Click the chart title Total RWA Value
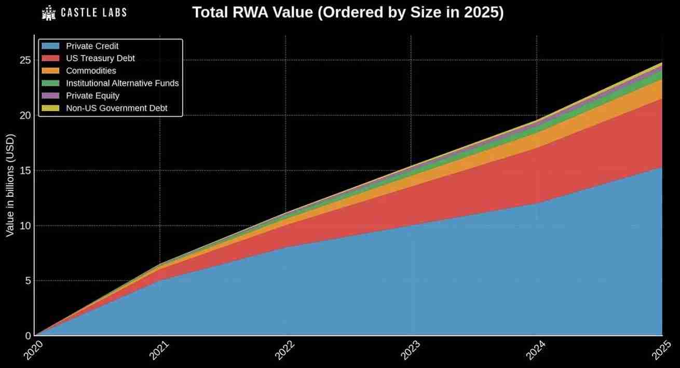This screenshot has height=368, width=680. point(348,12)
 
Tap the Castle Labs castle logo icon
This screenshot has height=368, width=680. point(49,12)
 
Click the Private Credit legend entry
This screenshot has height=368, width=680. point(92,46)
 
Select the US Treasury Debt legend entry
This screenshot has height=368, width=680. point(100,58)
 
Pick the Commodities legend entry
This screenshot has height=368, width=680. point(91,71)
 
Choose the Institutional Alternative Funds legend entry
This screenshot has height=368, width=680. point(122,83)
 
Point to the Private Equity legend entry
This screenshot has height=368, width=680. point(92,96)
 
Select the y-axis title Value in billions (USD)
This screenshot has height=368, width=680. point(10,185)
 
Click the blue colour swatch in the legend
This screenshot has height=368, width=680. point(52,46)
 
